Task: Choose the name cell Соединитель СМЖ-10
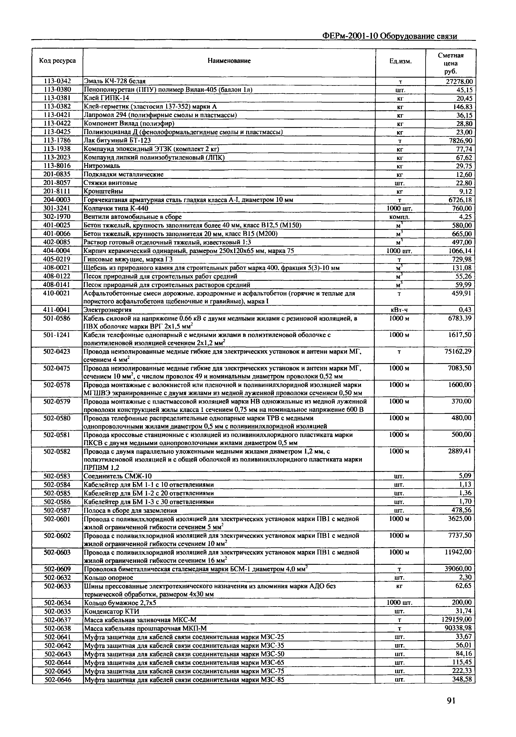118,476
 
